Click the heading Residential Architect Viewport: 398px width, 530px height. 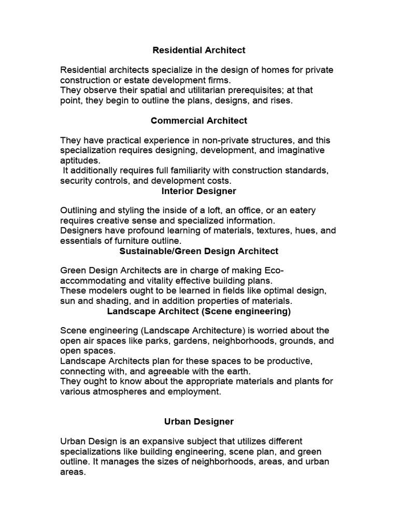coord(199,50)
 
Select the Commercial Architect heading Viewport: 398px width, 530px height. coord(199,121)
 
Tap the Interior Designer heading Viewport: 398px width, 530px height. coord(199,191)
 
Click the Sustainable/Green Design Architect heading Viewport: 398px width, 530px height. coord(199,251)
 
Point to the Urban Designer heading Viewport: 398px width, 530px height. coord(199,422)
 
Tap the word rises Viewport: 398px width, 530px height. coord(281,100)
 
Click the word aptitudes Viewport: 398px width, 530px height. coord(79,160)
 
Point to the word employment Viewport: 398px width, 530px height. coord(194,391)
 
